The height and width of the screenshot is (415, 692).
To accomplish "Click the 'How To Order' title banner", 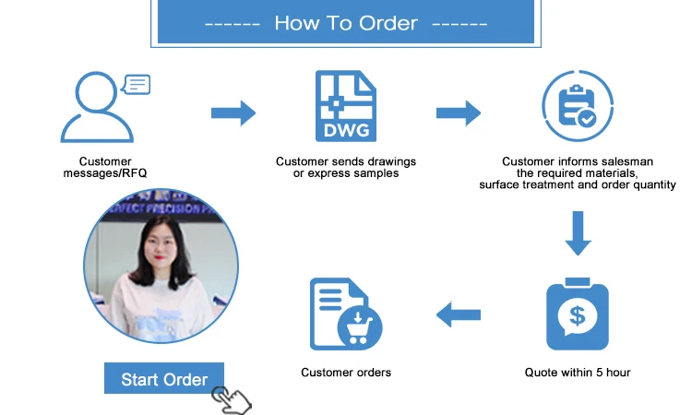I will [346, 23].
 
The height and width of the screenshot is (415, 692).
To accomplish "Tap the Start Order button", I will [164, 379].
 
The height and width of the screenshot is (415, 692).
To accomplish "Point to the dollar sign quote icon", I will [578, 314].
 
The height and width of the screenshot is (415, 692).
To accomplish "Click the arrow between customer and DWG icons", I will [233, 113].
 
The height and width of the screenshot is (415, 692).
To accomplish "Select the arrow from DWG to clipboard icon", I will [459, 113].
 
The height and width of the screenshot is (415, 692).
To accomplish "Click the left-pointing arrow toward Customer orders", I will [459, 314].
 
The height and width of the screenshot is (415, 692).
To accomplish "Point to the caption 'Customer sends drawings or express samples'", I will [346, 168].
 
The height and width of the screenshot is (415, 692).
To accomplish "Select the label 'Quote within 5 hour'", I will [578, 373].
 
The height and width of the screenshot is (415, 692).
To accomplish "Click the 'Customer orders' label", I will [346, 373].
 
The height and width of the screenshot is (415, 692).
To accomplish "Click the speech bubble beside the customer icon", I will [136, 86].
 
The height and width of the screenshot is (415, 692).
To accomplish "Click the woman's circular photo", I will [161, 268].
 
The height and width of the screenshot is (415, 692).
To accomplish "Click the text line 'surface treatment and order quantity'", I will [578, 185].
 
